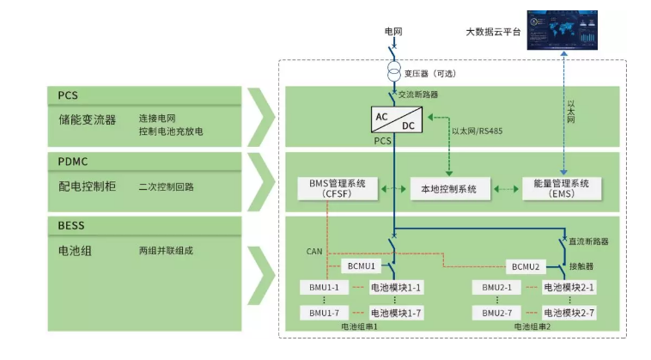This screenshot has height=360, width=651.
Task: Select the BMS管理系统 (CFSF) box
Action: tap(337, 188)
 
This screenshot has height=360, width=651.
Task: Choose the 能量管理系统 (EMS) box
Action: tap(556, 188)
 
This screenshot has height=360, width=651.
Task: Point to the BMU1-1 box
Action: tap(325, 287)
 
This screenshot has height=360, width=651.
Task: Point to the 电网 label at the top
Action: tap(393, 32)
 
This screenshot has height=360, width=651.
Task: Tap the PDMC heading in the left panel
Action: tap(74, 161)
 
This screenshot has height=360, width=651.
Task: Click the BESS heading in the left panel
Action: tap(73, 226)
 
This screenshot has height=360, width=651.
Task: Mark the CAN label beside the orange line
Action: tap(313, 253)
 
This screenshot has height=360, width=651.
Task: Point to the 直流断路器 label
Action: tap(591, 241)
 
